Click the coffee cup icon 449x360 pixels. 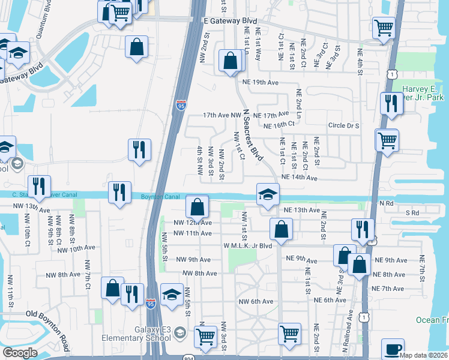[x=393, y=348]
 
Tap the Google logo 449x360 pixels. [x=19, y=353]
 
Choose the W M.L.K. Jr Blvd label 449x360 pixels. [x=248, y=245]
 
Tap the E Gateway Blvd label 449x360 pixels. [x=226, y=20]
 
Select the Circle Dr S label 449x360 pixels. [x=343, y=126]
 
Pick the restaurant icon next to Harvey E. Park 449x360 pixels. [x=392, y=103]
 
